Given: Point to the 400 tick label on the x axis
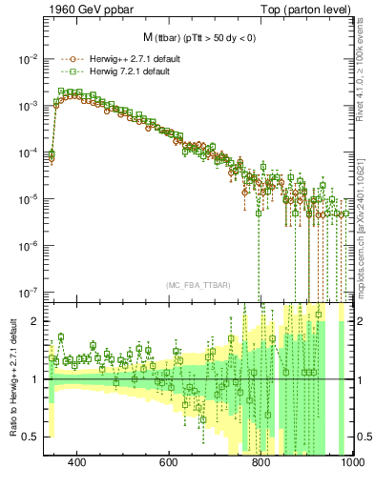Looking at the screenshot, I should click(78, 463).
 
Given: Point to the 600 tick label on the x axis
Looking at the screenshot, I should click(169, 463).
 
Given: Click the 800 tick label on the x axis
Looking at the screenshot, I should click(260, 463).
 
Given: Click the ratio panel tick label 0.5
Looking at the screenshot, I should click(31, 437).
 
